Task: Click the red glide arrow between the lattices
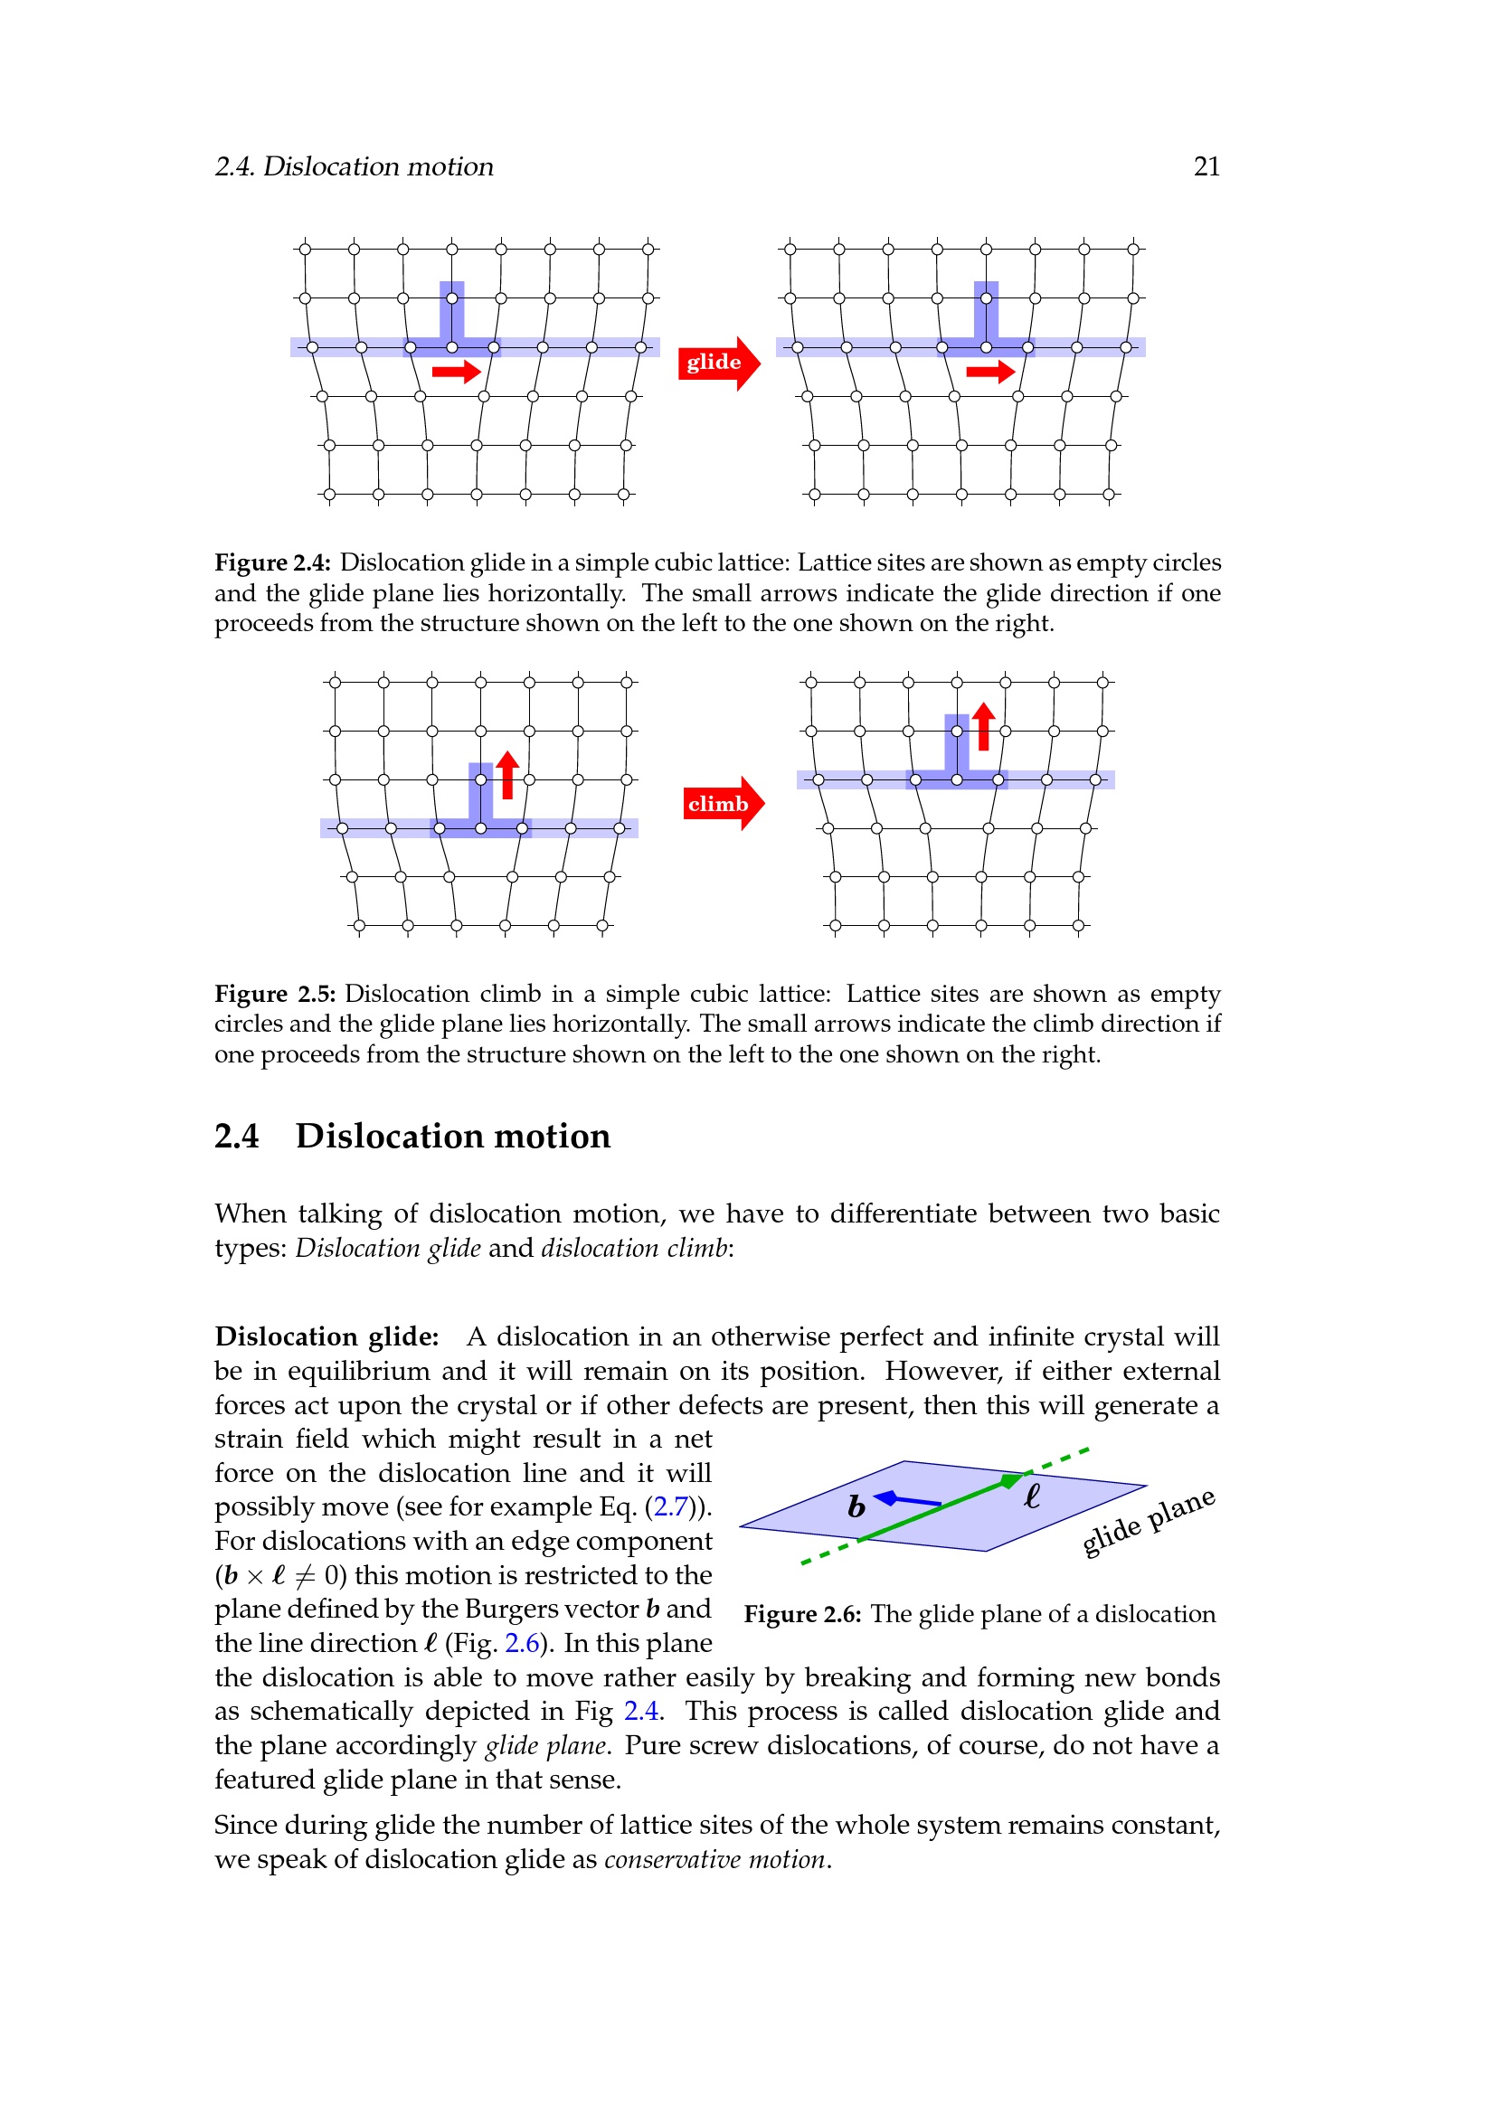[718, 363]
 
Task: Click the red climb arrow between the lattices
[724, 803]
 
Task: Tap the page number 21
[1206, 166]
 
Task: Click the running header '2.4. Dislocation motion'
[354, 166]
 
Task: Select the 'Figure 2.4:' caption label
[271, 562]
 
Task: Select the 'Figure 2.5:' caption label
[275, 994]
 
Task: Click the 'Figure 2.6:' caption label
[802, 1614]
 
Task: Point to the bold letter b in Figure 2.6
[856, 1506]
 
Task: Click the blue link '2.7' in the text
[670, 1506]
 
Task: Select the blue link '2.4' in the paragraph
[641, 1711]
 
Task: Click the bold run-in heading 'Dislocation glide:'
[327, 1336]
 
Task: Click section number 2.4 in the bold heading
[237, 1136]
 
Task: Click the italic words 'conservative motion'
[715, 1859]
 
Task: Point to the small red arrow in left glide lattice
[456, 372]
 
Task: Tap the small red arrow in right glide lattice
[989, 372]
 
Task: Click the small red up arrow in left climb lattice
[507, 775]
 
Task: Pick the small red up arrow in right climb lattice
[983, 727]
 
